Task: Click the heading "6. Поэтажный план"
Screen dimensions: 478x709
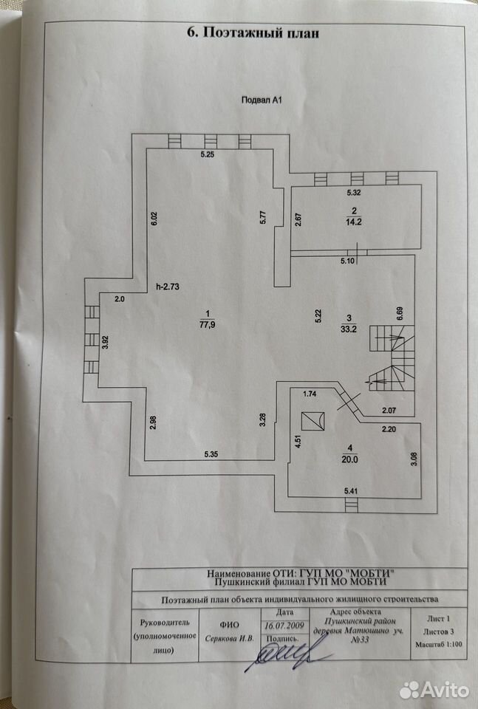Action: click(253, 33)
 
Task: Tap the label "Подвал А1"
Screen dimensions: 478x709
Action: click(262, 100)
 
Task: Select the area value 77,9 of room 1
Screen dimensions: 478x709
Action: click(207, 324)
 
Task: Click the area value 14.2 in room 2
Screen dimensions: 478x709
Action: click(354, 222)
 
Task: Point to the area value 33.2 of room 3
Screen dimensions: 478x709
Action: click(349, 329)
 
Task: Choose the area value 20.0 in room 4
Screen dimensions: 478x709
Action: click(349, 459)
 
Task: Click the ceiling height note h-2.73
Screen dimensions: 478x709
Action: click(167, 287)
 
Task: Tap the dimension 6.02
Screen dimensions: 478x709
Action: click(154, 219)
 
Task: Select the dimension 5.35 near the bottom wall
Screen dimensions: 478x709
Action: click(211, 454)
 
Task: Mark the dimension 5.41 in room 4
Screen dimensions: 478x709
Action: click(351, 490)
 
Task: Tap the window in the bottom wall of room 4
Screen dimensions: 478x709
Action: click(350, 504)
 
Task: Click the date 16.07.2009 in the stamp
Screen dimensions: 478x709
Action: click(284, 626)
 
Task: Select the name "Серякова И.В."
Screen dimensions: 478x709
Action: click(230, 639)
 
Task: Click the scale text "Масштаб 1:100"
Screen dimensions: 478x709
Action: click(439, 644)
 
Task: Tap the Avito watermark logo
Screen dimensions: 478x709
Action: click(434, 690)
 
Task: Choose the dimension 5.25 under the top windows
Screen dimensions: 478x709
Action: click(207, 154)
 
